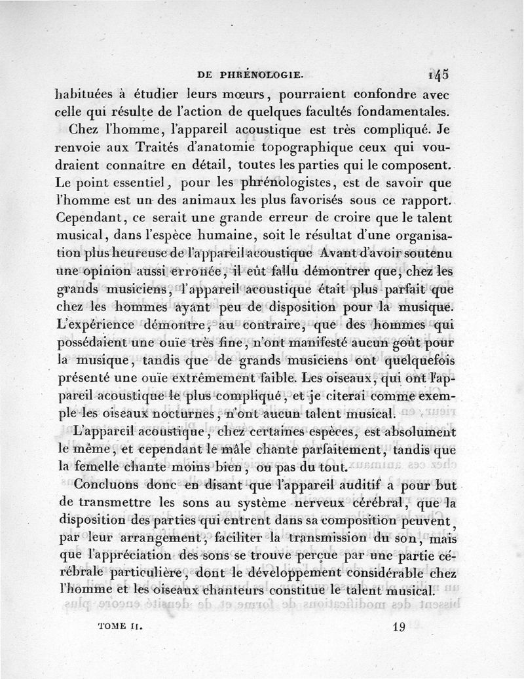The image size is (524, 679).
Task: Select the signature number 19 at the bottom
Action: (399, 626)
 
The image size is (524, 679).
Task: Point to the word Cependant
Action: (88, 216)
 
